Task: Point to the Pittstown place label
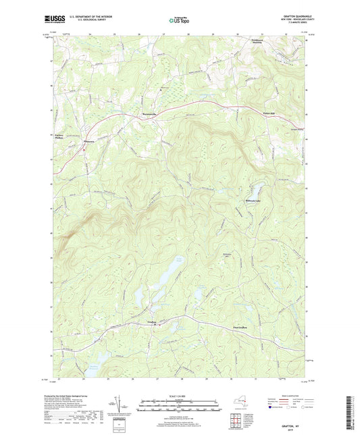[x=88, y=141]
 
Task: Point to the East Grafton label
[x=241, y=327]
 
